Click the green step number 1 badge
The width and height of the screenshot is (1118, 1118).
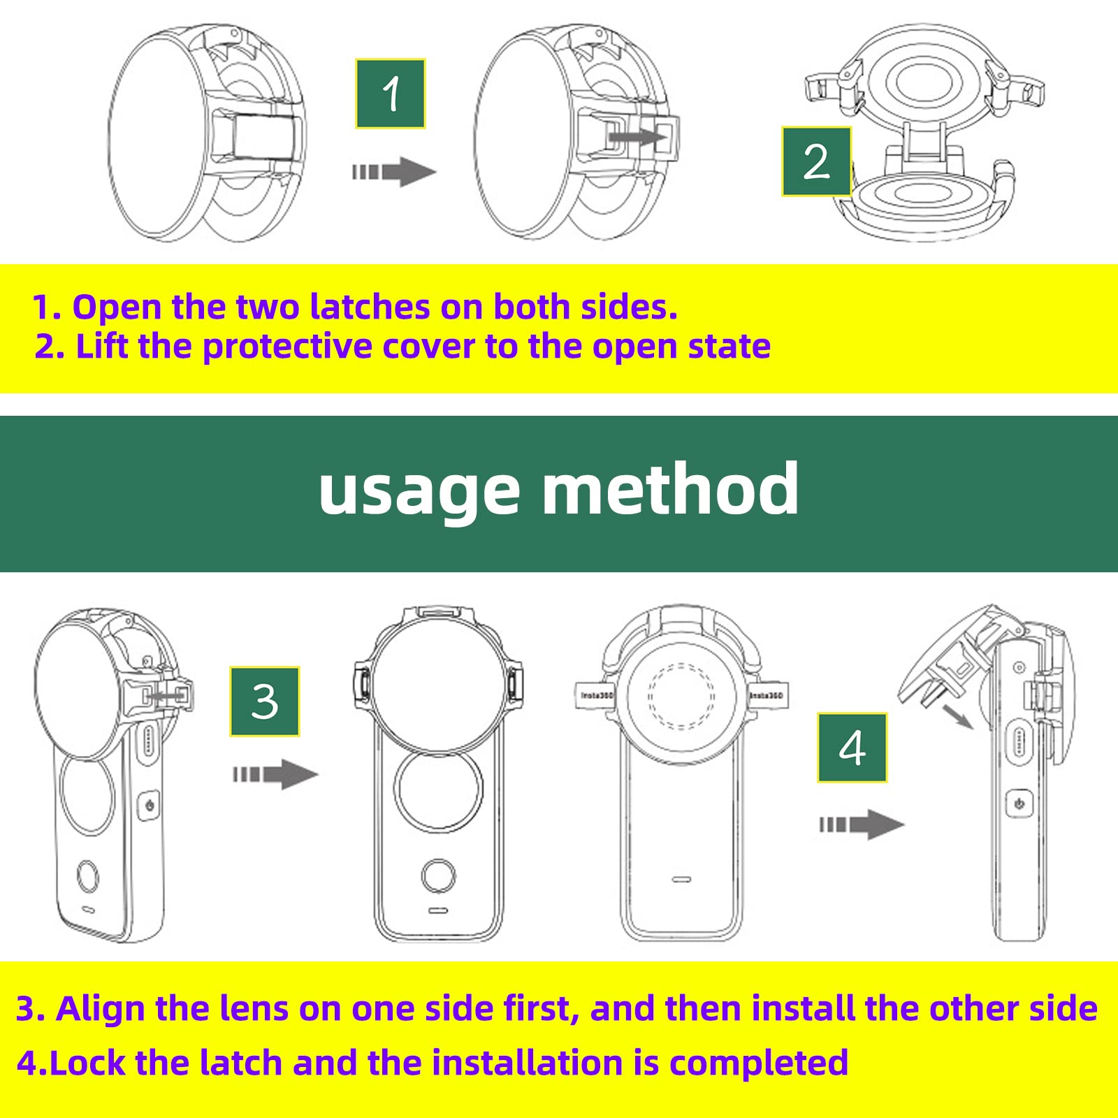[391, 94]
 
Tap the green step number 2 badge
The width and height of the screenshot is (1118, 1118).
[816, 161]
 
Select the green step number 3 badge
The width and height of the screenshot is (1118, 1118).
[265, 702]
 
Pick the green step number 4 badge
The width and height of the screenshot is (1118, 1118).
[852, 748]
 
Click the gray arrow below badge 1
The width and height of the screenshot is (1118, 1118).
[394, 172]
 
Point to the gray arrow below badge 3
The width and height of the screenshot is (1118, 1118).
[276, 774]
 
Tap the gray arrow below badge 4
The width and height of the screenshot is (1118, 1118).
[862, 825]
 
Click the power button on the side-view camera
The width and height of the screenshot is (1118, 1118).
[1019, 804]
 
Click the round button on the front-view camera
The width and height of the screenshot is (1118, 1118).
[439, 876]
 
